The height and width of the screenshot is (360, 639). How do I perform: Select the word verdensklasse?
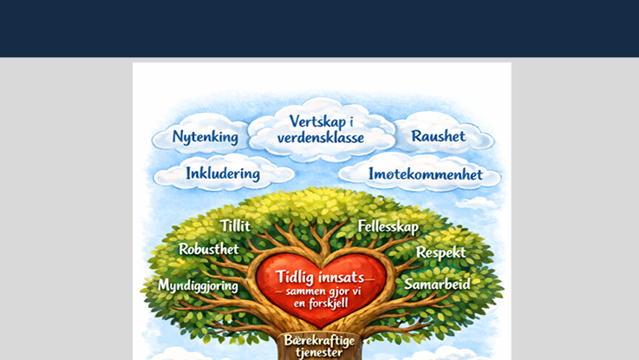pos(320,138)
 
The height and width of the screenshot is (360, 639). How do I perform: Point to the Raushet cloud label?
pos(438,136)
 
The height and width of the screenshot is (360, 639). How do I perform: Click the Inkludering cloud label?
pos(222,173)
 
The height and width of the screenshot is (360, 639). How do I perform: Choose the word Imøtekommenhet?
pos(425,174)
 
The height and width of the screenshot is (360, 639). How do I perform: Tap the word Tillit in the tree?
pos(235,226)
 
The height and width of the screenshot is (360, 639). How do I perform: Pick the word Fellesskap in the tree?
pos(388,227)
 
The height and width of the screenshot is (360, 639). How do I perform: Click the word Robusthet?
pos(208,249)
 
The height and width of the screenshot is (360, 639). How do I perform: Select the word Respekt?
pos(440,252)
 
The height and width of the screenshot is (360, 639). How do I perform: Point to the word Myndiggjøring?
pos(199,285)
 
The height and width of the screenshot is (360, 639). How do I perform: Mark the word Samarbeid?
pos(437,284)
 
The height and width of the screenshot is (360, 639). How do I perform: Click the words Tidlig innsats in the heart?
pos(318,276)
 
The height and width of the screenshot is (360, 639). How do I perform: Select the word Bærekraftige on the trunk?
pos(318,339)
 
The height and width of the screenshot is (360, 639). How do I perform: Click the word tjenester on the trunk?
pos(318,352)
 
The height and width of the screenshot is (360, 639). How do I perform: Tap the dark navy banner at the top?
pos(319,28)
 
